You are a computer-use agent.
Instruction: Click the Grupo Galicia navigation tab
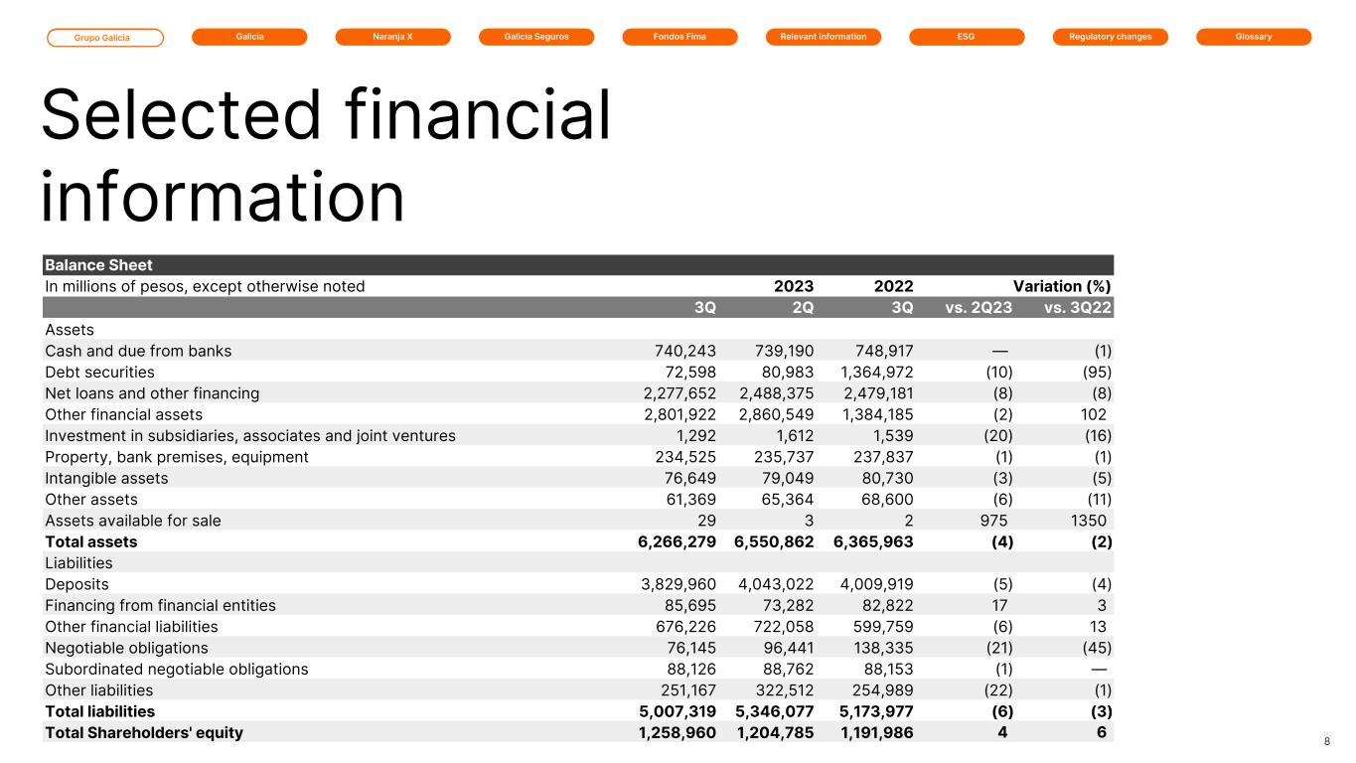pos(105,38)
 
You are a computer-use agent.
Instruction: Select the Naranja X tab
pos(392,37)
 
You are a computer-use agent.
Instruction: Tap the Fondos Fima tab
pos(679,37)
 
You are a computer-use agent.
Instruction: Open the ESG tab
pos(967,37)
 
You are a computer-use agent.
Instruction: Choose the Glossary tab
pos(1254,37)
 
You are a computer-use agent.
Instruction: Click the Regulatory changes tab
pos(1110,37)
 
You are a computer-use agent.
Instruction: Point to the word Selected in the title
pos(174,115)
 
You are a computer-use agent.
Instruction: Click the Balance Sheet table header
pos(98,265)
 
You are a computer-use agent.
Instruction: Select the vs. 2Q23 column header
pos(978,308)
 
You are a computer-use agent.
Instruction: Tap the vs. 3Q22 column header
pos(1078,308)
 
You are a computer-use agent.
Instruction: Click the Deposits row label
pos(76,584)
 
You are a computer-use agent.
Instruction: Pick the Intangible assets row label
pos(106,478)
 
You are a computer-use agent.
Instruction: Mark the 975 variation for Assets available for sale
pos(993,521)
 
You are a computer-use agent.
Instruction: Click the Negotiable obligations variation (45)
pos(1094,648)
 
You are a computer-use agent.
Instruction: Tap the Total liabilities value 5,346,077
pos(774,711)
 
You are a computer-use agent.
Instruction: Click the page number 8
pos(1327,741)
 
